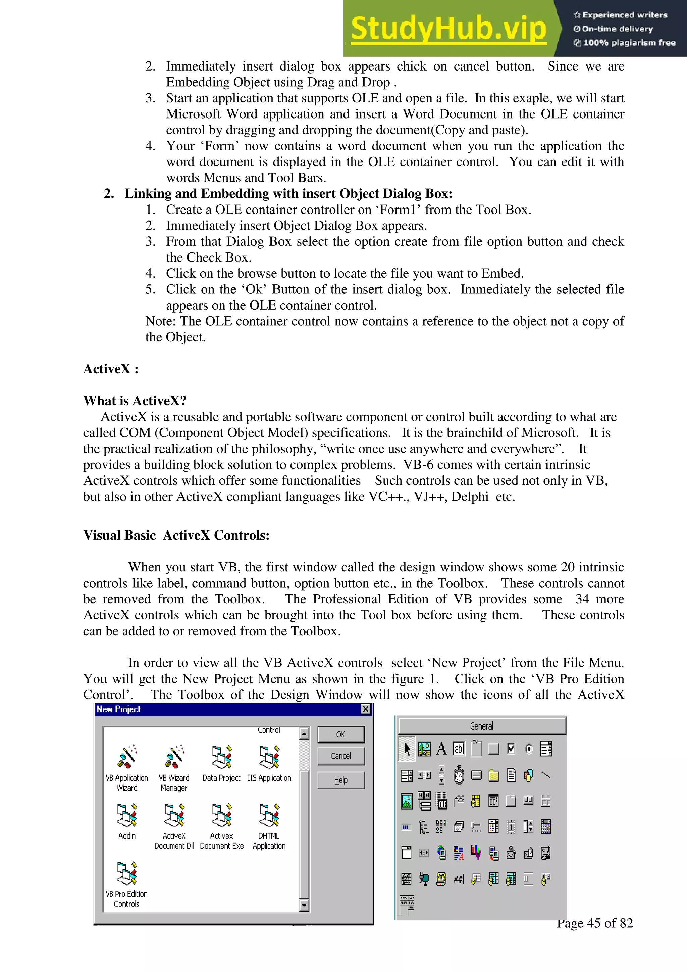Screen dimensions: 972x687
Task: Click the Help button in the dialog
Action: coord(340,780)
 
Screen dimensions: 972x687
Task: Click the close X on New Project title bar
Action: coord(366,709)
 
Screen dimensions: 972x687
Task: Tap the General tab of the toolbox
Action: coord(482,726)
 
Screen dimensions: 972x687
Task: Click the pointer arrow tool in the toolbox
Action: coord(407,749)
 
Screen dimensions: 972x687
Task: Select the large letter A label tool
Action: coord(441,749)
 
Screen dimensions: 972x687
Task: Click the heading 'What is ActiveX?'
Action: coord(135,401)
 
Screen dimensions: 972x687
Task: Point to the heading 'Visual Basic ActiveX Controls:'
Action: coord(176,535)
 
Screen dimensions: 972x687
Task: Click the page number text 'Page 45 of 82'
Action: coord(594,923)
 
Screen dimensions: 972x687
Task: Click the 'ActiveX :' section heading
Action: coord(111,369)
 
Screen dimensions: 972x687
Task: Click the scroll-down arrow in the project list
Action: coord(304,906)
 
